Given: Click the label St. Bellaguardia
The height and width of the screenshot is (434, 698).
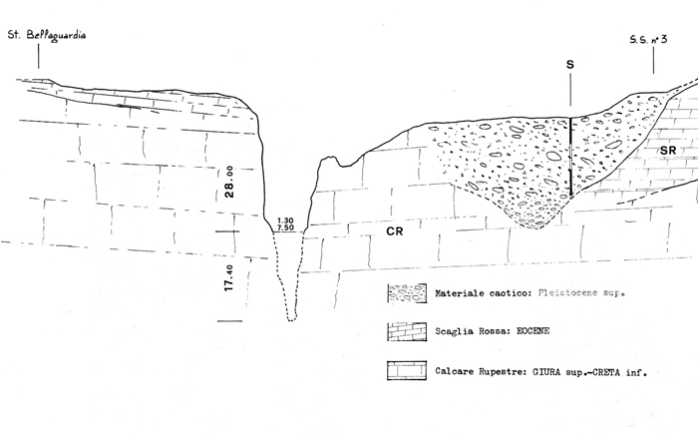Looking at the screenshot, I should (47, 36).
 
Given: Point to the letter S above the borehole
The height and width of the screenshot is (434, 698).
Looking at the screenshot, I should (569, 65).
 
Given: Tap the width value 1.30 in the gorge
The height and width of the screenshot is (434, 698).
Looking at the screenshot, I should (285, 219).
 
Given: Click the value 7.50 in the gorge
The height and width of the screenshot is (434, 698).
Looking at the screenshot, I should (285, 228).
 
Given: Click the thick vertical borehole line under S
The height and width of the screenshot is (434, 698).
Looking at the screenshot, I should (570, 158).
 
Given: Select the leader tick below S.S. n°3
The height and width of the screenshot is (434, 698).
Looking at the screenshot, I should (654, 62).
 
